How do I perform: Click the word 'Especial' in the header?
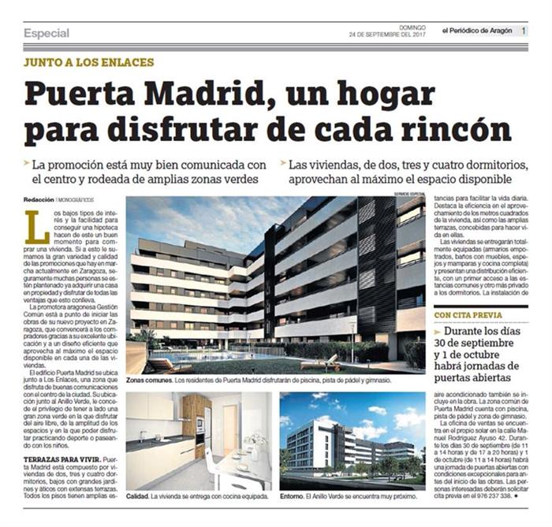click(46, 33)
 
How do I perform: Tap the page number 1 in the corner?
click(525, 31)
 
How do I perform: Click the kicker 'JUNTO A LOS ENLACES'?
click(88, 62)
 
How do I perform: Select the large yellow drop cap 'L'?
click(35, 226)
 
